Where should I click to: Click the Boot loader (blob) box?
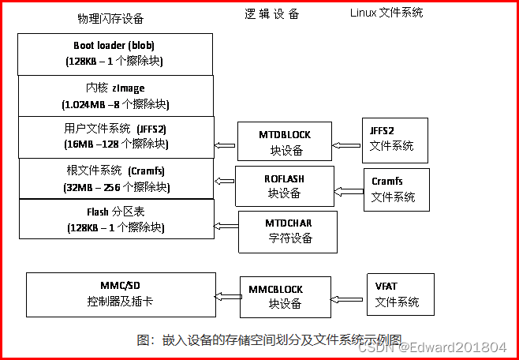pos(115,54)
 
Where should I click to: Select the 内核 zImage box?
pos(115,96)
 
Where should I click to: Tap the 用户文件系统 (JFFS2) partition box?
pos(115,137)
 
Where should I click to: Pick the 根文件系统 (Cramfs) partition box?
pos(115,178)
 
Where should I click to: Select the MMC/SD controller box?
pos(121,294)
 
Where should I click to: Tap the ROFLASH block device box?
pos(284,186)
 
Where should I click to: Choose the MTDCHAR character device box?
pos(287,231)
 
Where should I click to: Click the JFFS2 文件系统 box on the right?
pos(394,140)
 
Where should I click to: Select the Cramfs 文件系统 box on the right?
pos(396,189)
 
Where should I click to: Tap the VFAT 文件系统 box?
pos(400,294)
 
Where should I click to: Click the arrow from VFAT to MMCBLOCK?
pos(348,298)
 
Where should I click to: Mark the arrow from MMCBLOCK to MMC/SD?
pos(228,296)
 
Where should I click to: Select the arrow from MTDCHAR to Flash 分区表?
pos(226,226)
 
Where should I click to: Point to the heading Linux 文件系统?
pos(386,13)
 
